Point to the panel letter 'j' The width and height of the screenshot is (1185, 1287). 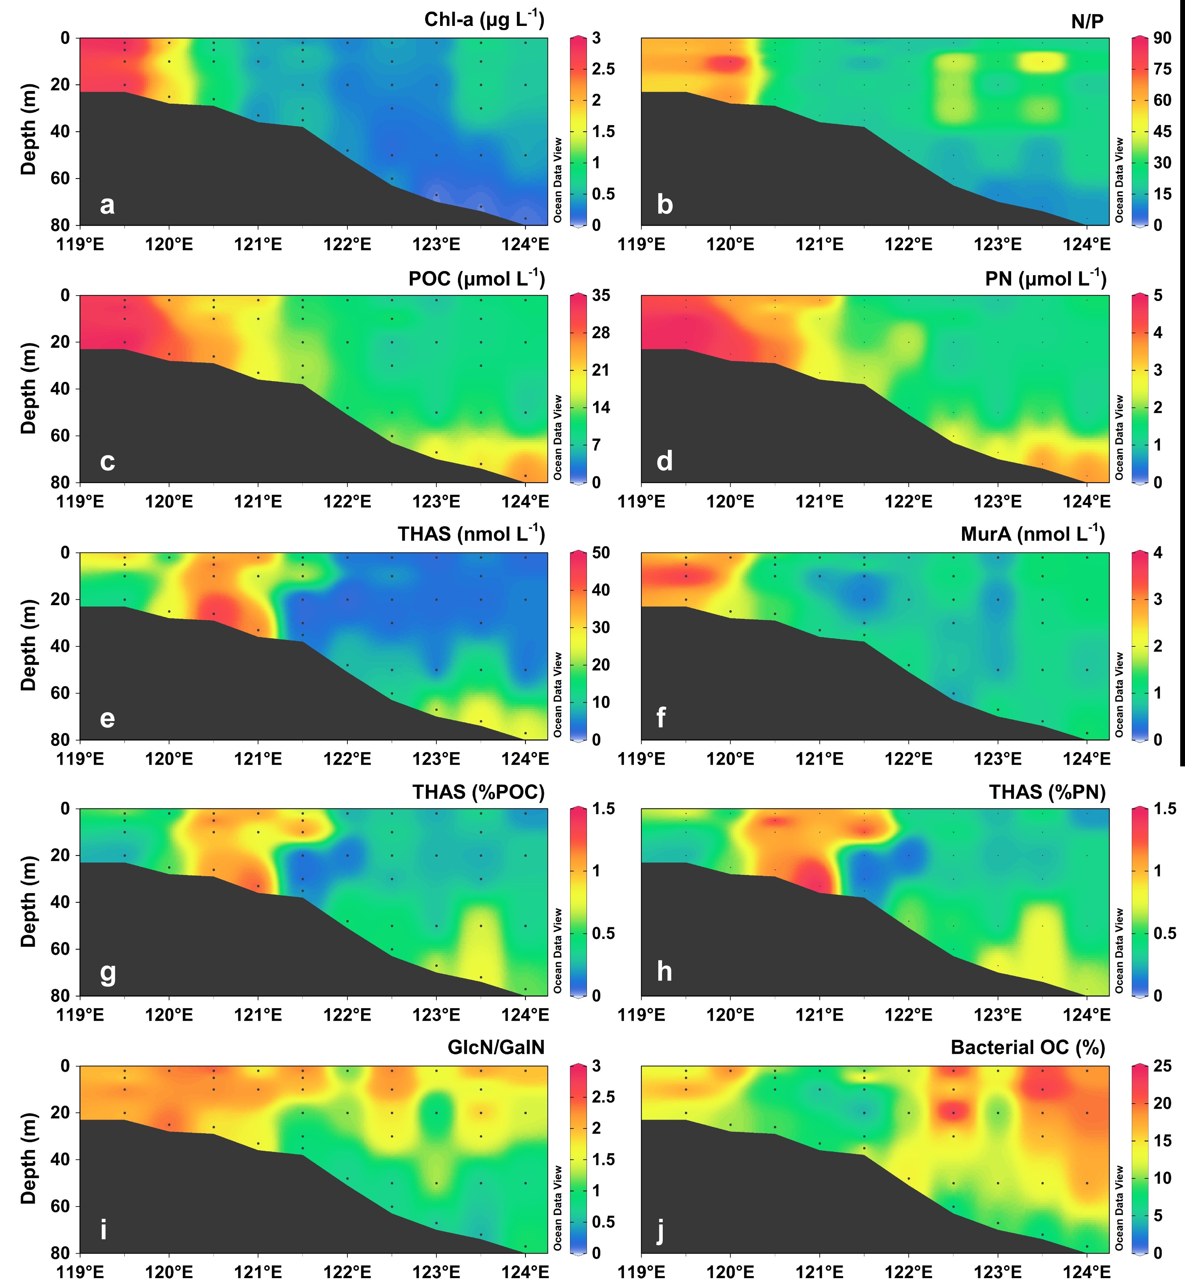coord(662,1231)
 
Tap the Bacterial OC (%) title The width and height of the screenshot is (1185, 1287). coord(1028,1047)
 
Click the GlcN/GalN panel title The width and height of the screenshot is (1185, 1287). coord(496,1047)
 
